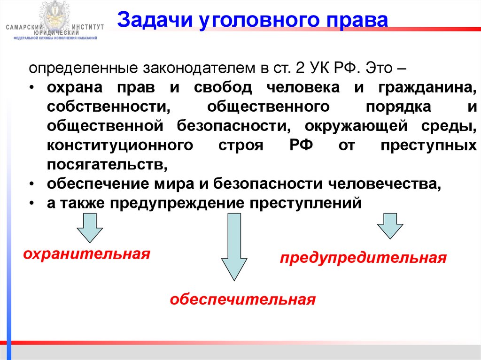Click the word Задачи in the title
click(147, 20)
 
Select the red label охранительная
click(87, 255)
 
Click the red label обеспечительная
click(242, 299)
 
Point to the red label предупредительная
click(363, 258)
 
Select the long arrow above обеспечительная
click(233, 246)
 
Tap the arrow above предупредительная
click(390, 226)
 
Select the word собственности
click(108, 107)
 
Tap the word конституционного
click(120, 145)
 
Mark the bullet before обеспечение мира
click(31, 184)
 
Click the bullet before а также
click(31, 204)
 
